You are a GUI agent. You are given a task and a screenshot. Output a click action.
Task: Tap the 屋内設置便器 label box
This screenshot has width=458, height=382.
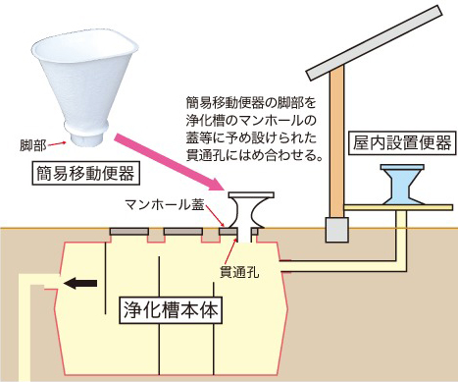click(x=401, y=142)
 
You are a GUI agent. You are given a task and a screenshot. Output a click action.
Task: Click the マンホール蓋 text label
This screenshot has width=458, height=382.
click(x=163, y=207)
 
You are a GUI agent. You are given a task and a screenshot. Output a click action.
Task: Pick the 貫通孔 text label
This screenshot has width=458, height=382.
click(x=238, y=267)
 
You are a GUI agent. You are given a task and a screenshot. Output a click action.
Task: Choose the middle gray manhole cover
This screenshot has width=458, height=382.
click(x=181, y=232)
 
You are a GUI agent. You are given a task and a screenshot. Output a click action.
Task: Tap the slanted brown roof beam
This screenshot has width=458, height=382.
click(x=373, y=49)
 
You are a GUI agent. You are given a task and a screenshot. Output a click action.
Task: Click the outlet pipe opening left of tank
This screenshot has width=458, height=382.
click(x=52, y=284)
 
